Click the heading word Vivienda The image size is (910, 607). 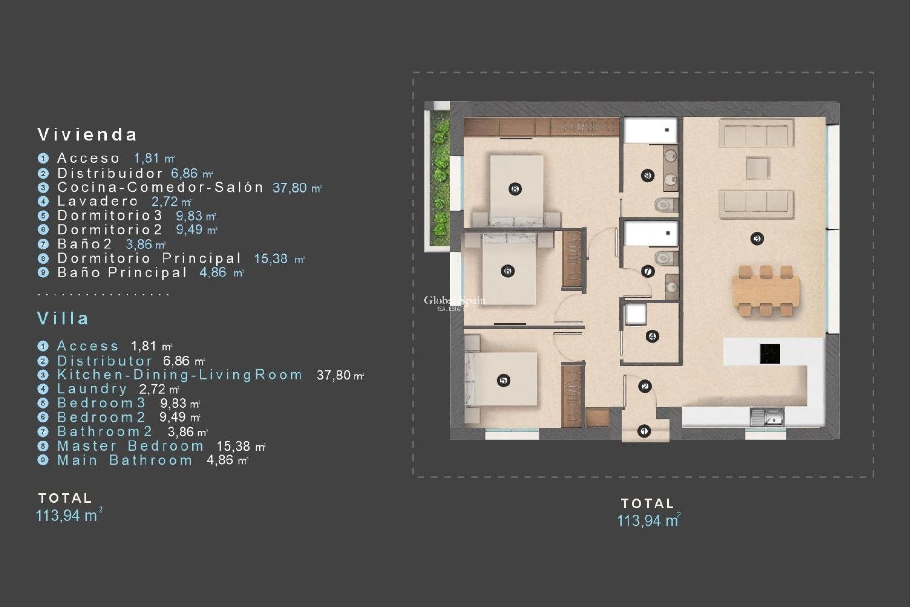coord(87,135)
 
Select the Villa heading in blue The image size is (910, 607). coord(63,318)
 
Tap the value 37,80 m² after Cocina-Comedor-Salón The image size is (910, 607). coord(297,188)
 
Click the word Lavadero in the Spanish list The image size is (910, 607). coord(98,201)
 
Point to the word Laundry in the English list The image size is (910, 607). coord(92,389)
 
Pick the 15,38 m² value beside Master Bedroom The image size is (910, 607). coord(241,446)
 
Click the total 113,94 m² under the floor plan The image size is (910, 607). coord(648,521)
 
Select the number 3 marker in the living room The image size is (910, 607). coord(757,239)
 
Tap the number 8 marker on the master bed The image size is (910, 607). coord(515,189)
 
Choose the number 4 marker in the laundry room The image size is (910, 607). coord(652,336)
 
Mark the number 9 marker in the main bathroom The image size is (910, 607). coord(647,175)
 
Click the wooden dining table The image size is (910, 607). coord(765,290)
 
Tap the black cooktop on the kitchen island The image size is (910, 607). coord(770,353)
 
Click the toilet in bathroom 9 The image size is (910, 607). coord(666,205)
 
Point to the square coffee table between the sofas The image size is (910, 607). coord(757,168)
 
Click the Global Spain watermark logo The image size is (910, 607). coord(454,302)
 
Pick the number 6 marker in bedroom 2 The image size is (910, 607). coord(508,271)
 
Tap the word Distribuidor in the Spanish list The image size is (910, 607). coord(110,174)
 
